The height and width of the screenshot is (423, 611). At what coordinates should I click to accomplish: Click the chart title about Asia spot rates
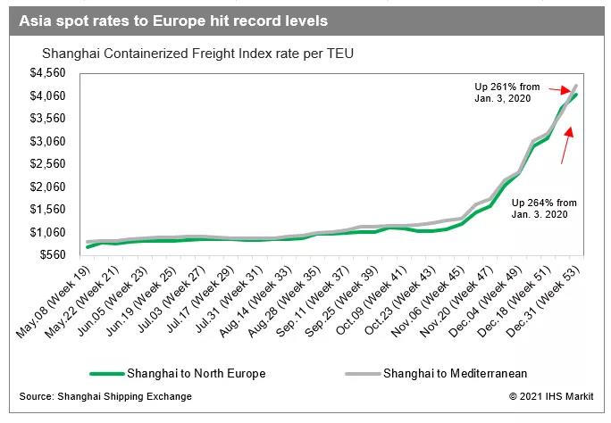click(x=173, y=20)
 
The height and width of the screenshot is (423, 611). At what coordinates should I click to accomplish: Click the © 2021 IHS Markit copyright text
click(x=550, y=395)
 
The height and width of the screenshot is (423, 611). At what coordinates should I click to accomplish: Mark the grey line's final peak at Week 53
click(x=575, y=86)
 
